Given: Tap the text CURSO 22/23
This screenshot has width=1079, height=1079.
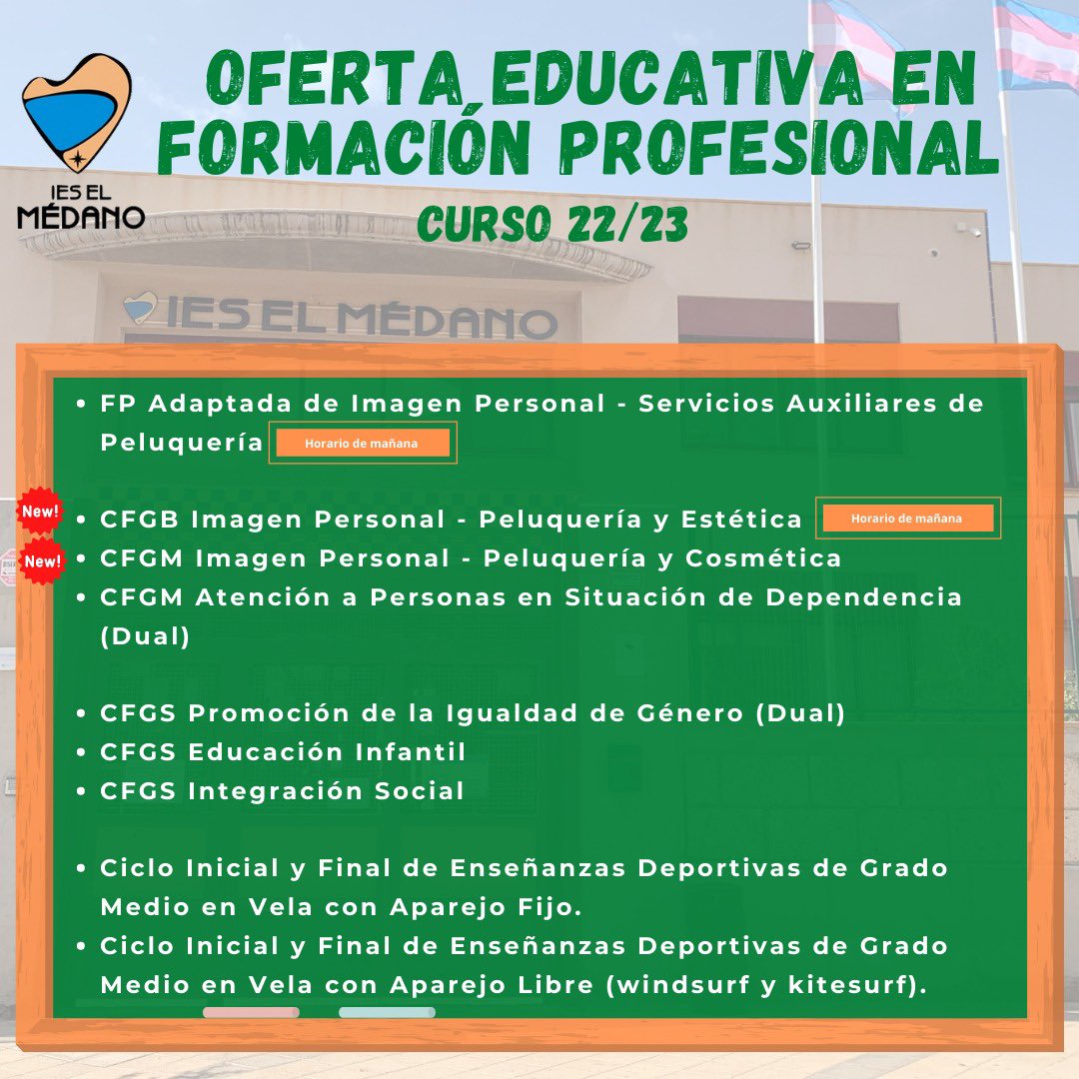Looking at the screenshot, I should (552, 224).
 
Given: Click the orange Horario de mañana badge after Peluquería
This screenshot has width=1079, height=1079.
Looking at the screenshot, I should (363, 443).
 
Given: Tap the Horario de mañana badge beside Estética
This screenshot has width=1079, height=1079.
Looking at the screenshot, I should (908, 519).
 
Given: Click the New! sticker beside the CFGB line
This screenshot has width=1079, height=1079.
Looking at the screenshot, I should (40, 512).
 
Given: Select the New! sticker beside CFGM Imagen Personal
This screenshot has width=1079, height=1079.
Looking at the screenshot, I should (42, 560).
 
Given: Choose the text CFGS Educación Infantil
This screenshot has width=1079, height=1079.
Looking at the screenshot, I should (283, 751).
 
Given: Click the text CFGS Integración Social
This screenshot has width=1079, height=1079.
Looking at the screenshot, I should (282, 790).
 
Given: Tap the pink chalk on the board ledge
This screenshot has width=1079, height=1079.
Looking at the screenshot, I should (251, 1012).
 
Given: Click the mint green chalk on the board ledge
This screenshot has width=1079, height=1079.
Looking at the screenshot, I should (387, 1012).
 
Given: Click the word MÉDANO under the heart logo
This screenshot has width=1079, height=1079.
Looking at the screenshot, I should (81, 217).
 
